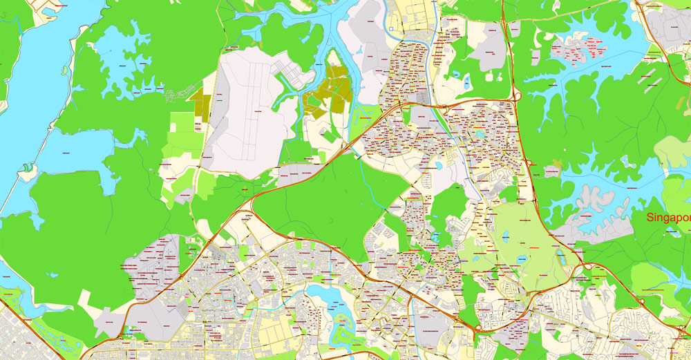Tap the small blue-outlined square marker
391,28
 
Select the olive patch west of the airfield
200,107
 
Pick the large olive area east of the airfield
329,93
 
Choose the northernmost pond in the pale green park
504,234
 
